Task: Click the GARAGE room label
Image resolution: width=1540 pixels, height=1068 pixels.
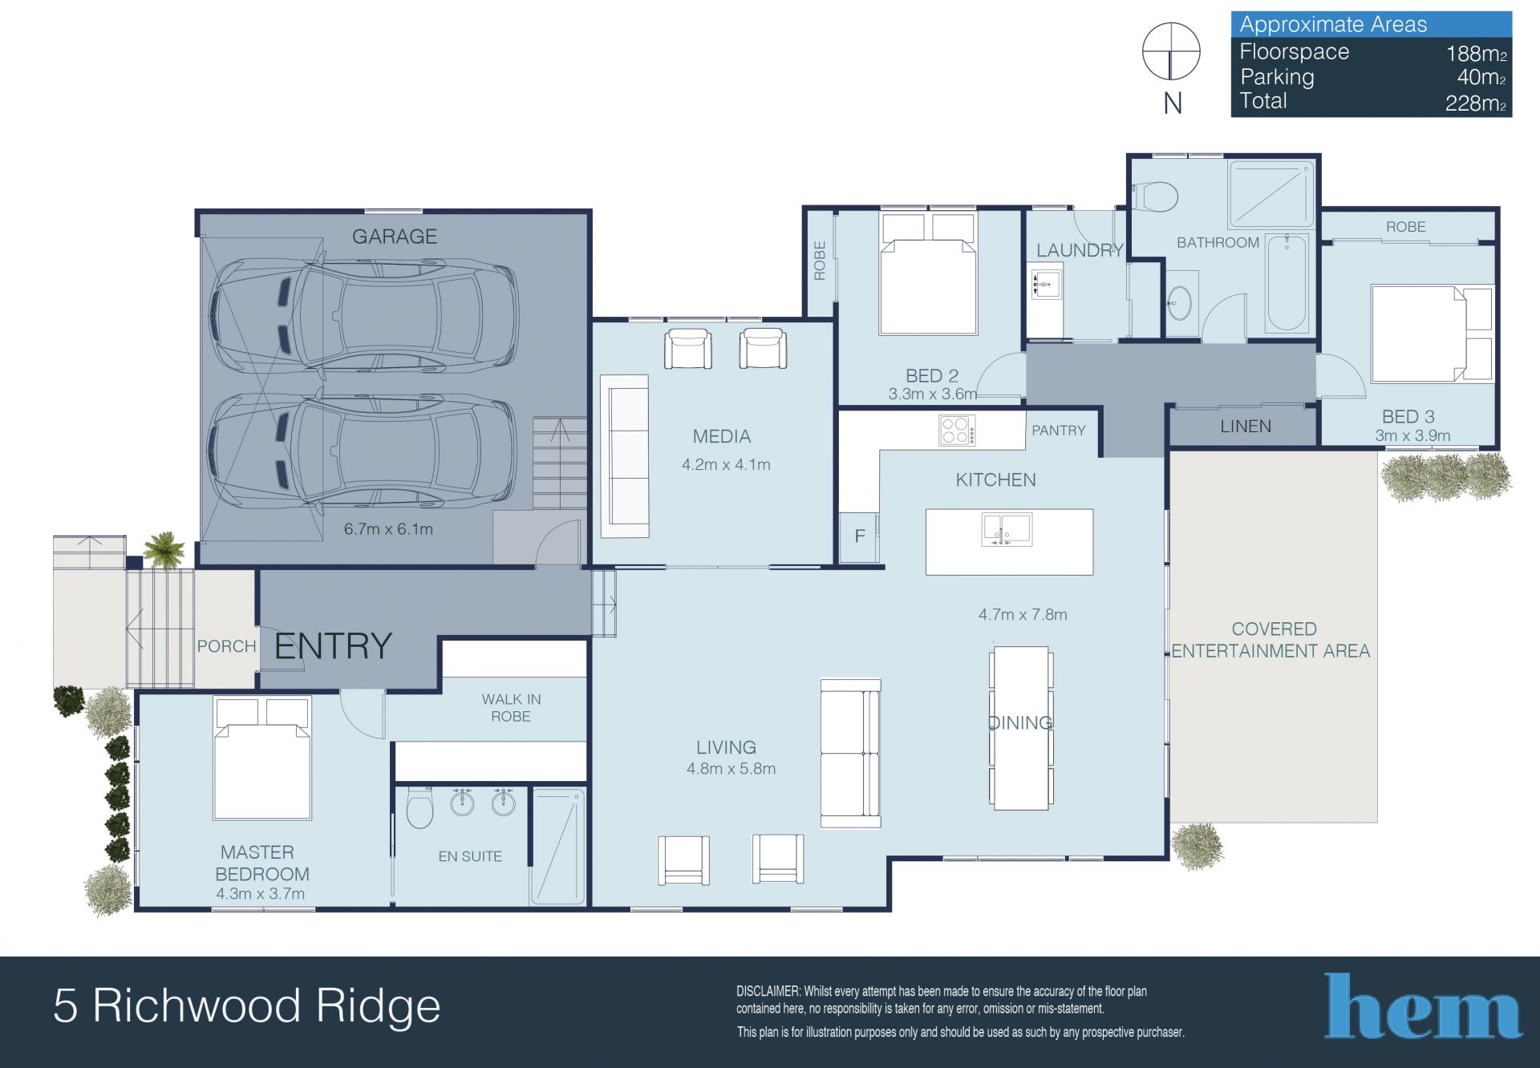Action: (395, 237)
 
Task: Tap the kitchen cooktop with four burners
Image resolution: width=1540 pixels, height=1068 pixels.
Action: (958, 431)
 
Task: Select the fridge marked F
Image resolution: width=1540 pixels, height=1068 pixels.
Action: (860, 536)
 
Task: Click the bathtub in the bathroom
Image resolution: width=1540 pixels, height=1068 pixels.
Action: (1287, 283)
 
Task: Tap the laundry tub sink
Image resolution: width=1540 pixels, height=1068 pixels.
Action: (1045, 284)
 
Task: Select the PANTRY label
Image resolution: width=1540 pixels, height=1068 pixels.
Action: (1058, 431)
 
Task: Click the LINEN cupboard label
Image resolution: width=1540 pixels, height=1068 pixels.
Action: (1246, 427)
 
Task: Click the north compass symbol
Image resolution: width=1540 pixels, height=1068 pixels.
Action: (1171, 52)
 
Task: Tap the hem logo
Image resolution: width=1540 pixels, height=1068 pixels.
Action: (1422, 1005)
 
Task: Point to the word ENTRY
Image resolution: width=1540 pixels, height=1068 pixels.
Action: (333, 646)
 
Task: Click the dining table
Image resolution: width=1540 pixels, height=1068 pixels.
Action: (1021, 728)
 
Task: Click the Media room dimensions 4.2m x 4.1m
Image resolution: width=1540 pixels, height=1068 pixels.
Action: (726, 464)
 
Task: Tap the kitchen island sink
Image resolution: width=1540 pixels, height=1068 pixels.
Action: (1007, 530)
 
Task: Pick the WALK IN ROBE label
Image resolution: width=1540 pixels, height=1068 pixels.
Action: (511, 708)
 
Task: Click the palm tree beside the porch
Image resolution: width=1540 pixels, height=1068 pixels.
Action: (164, 549)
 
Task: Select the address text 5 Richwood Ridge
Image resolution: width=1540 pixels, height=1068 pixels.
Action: (247, 1007)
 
